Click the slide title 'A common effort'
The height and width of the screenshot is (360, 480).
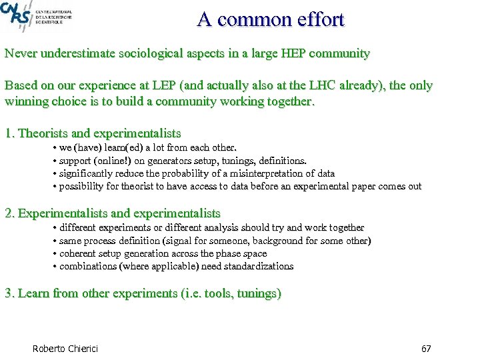271,19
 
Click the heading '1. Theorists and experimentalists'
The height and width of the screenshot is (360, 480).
93,133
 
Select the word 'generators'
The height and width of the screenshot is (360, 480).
177,161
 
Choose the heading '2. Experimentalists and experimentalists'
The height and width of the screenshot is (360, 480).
112,213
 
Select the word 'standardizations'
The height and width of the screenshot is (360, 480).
257,266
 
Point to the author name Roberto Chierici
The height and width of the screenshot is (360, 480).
65,349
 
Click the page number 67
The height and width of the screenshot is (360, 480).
427,349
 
